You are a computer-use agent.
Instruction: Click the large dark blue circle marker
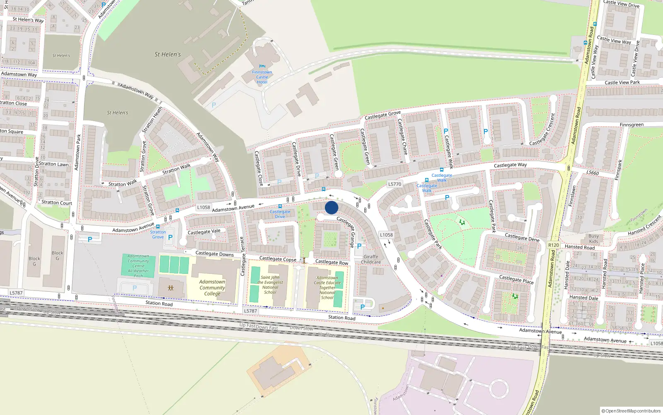[x=331, y=207]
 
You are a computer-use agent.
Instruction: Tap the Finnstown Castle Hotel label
[x=262, y=77]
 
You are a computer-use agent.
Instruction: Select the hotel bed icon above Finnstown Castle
[x=262, y=66]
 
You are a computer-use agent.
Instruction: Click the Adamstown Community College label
[x=212, y=288]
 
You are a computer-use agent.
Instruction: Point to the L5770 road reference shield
[x=394, y=184]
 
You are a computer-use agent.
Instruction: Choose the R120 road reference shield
[x=554, y=245]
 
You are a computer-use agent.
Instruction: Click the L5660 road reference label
[x=593, y=173]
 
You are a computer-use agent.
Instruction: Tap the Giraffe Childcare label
[x=371, y=259]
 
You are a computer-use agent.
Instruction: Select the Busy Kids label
[x=593, y=239]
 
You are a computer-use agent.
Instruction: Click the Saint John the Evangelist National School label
[x=270, y=285]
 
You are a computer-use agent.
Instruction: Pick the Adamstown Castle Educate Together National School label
[x=327, y=288]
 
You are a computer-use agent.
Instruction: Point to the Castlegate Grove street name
[x=382, y=115]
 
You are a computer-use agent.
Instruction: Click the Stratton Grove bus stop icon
[x=158, y=227]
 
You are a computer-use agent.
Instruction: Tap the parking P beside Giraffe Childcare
[x=359, y=246]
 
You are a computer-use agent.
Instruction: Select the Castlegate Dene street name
[x=522, y=237]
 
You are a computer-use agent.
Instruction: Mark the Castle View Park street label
[x=622, y=83]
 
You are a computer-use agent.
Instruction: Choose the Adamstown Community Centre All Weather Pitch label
[x=138, y=266]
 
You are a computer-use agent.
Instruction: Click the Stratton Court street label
[x=57, y=203]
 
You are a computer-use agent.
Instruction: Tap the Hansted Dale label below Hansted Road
[x=583, y=298]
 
